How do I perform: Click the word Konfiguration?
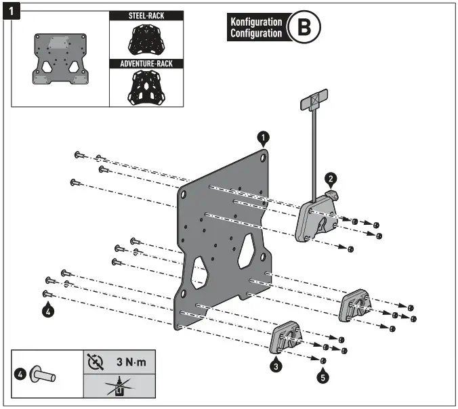[x=255, y=22]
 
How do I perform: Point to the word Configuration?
[x=255, y=33]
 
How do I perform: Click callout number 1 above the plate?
[x=264, y=137]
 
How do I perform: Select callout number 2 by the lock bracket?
[x=330, y=178]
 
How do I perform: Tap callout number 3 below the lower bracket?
[x=276, y=366]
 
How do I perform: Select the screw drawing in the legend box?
[x=45, y=374]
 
